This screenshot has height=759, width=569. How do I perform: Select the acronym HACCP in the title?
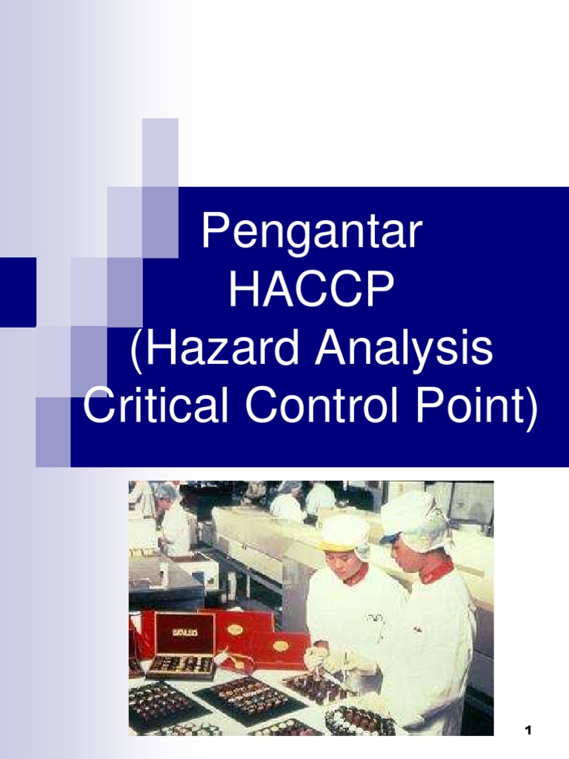(x=310, y=291)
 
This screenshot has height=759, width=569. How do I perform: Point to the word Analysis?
(x=404, y=349)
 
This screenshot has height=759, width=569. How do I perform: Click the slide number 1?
(x=528, y=731)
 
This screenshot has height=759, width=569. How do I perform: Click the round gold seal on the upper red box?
(x=235, y=629)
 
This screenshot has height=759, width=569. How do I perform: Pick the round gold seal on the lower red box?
(x=280, y=646)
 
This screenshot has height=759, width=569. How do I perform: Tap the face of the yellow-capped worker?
(x=339, y=564)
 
